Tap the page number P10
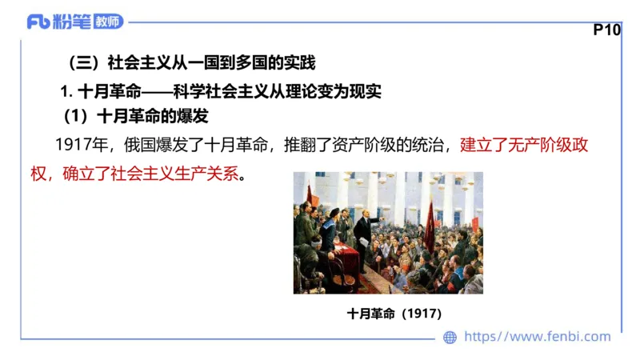607,30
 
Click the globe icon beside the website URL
450,338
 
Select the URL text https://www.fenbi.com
538,338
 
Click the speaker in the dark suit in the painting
364,236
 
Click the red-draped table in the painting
346,260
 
